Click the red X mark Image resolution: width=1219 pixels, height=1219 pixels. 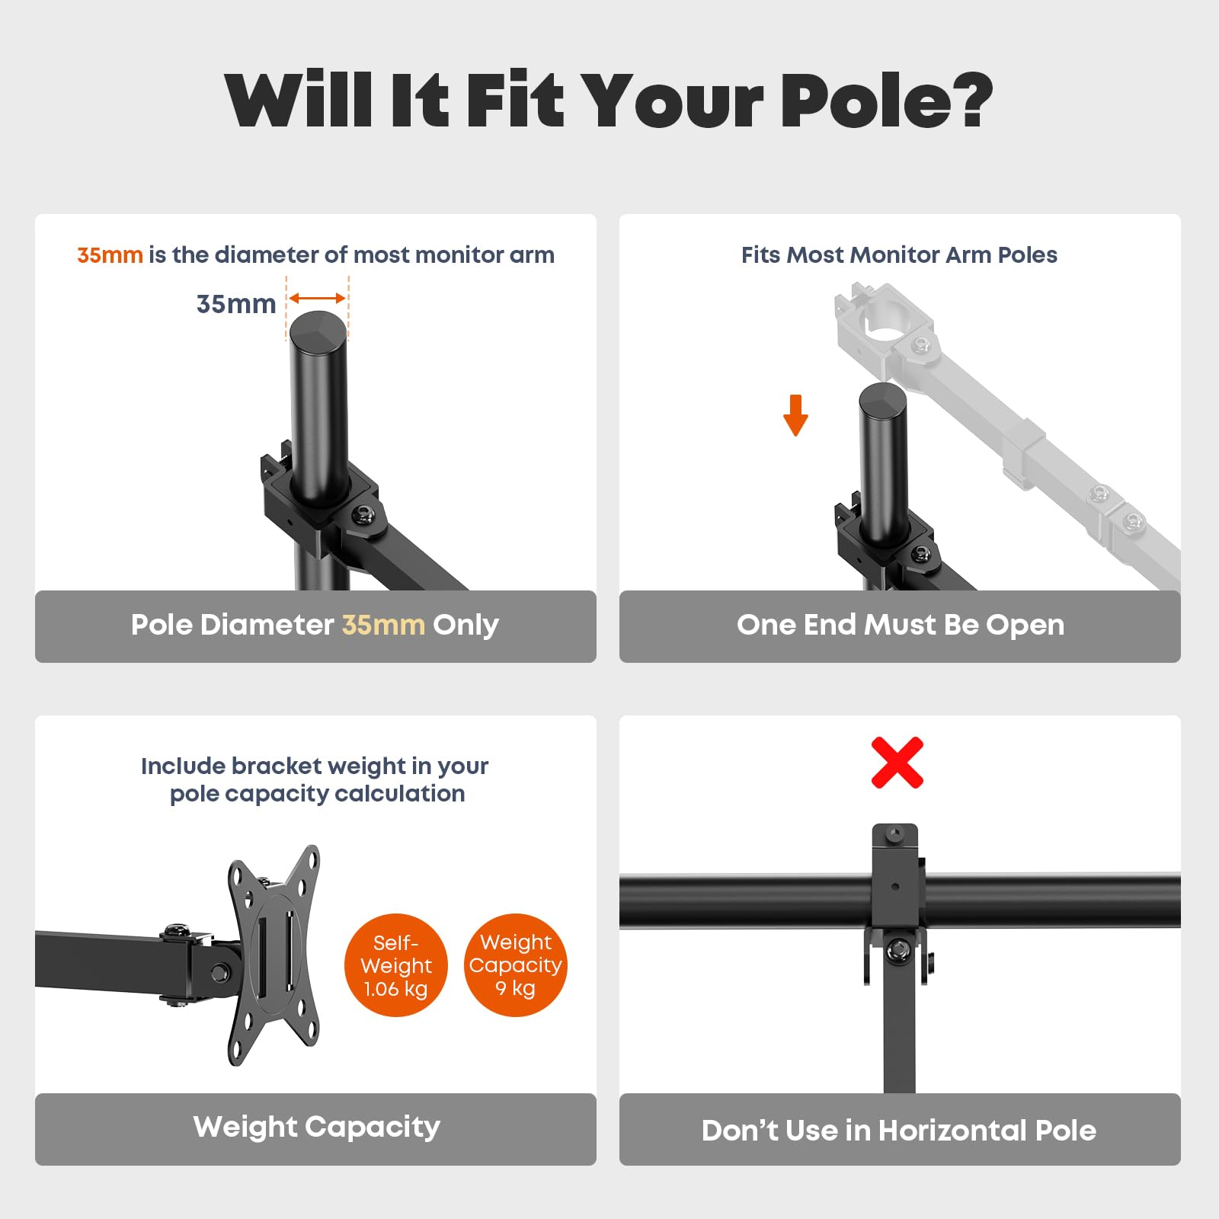(x=897, y=763)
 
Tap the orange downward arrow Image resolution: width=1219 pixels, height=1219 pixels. (x=795, y=415)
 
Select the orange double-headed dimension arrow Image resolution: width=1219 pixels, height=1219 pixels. (x=318, y=299)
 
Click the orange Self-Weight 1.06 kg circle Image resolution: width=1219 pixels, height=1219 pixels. (x=395, y=965)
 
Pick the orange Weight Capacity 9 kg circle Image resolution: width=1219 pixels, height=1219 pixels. (x=516, y=965)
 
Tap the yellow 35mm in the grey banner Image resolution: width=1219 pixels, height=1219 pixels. (x=383, y=625)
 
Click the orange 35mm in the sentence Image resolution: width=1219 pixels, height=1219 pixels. (x=110, y=254)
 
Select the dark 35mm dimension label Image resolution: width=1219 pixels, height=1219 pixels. (x=236, y=304)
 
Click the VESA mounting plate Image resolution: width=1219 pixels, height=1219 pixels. (x=274, y=955)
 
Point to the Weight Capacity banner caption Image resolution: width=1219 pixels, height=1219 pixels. (x=317, y=1127)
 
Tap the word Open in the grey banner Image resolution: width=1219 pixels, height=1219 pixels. (x=1025, y=625)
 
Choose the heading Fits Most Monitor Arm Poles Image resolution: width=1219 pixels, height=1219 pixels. (x=899, y=254)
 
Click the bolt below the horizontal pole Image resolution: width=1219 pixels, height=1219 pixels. (x=897, y=949)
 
